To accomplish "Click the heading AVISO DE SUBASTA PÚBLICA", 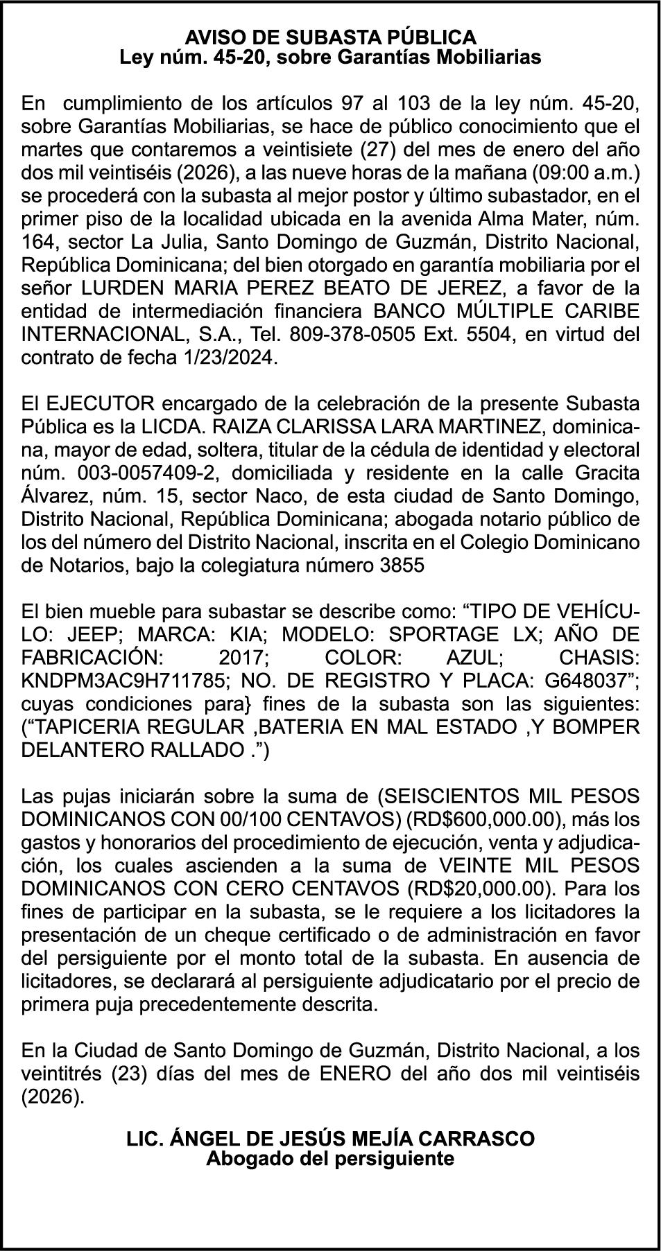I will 330,37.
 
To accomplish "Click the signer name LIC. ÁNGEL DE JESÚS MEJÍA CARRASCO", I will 330,1138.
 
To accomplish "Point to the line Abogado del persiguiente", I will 330,1158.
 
